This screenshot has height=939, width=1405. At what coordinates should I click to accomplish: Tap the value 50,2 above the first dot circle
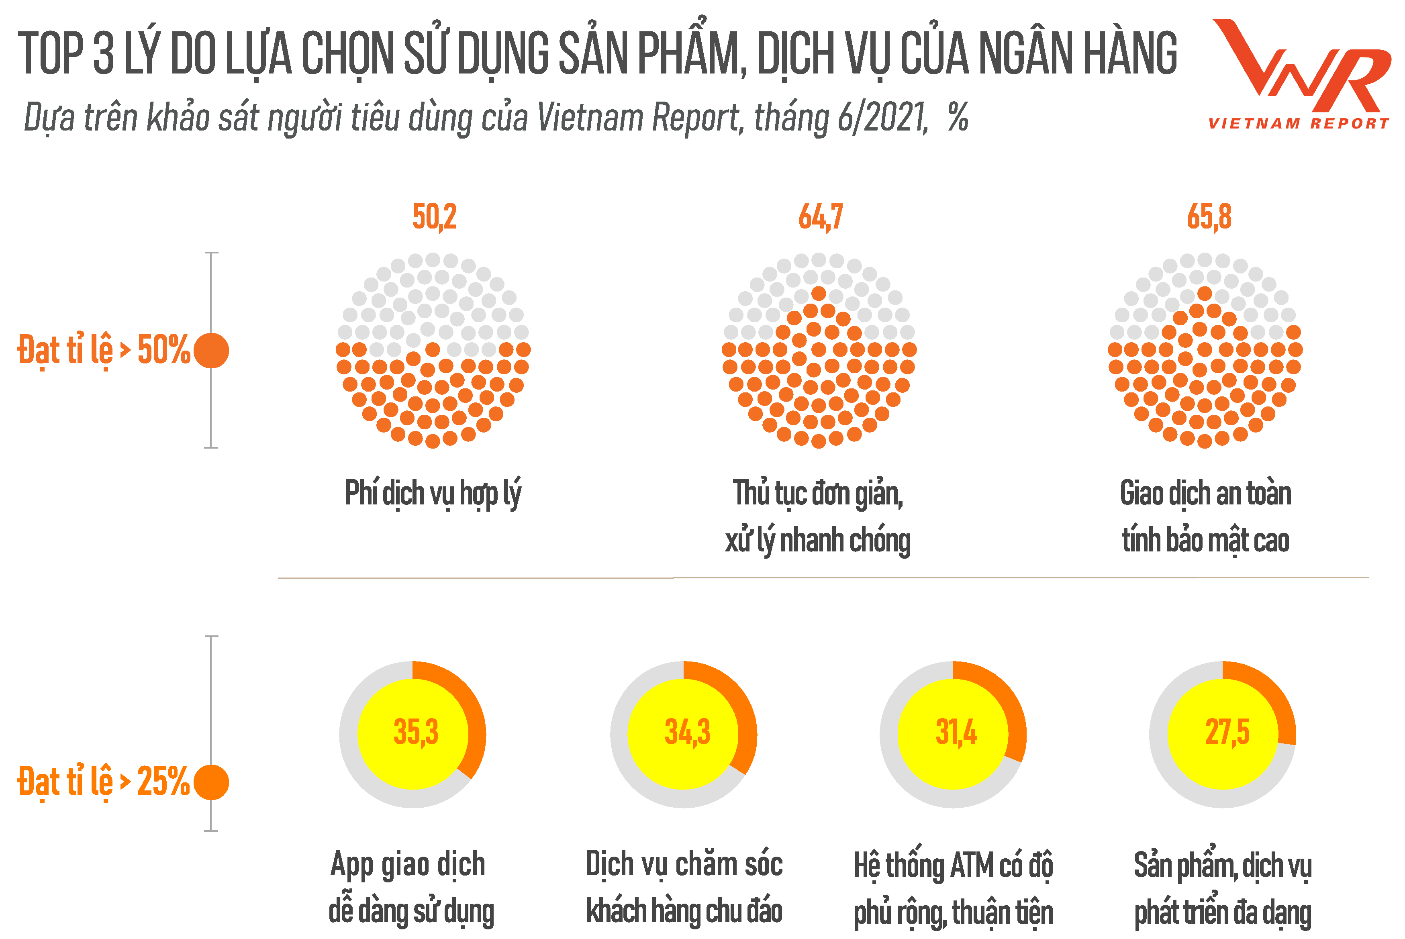(434, 217)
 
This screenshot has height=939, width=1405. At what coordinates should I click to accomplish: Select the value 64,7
(821, 217)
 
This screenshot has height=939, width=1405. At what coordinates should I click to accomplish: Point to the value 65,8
(1209, 217)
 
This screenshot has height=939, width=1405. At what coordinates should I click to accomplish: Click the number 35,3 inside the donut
(416, 732)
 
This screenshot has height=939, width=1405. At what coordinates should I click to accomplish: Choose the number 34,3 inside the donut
(687, 732)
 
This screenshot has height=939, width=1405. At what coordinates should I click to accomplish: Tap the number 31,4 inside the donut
(956, 732)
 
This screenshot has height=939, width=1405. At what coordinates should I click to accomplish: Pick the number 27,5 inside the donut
(1227, 732)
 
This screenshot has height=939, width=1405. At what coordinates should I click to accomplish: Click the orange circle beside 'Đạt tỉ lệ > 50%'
(211, 350)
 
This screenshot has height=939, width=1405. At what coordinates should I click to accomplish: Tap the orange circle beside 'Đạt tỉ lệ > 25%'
(211, 782)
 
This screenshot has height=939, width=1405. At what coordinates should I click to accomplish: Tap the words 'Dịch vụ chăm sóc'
(684, 865)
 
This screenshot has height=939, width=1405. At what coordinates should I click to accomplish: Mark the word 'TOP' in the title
(51, 54)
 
